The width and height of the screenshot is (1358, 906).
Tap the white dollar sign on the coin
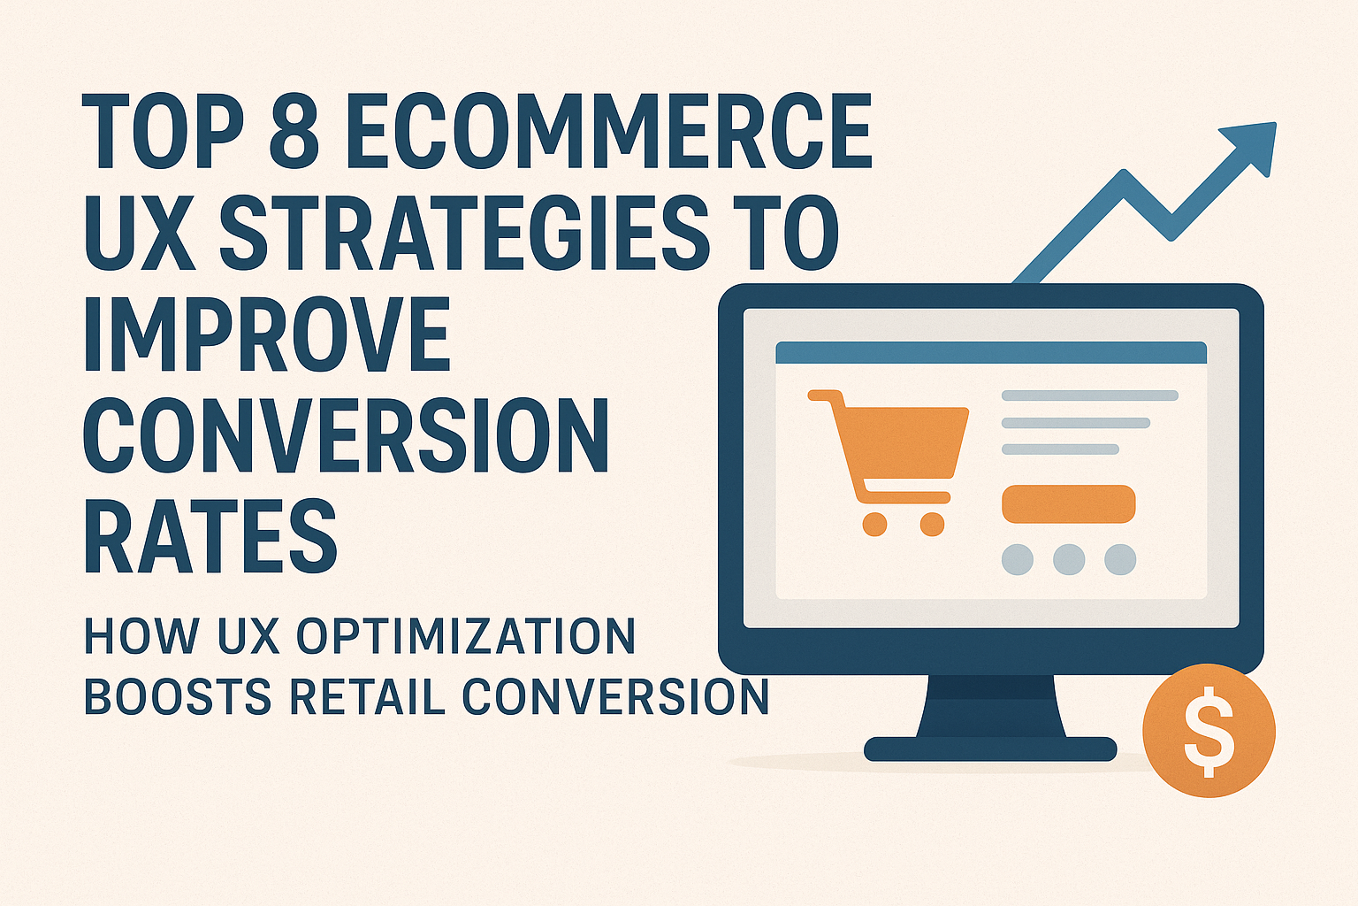[1209, 731]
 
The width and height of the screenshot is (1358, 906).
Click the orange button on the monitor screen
[1068, 504]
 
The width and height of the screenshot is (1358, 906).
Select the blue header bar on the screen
[991, 352]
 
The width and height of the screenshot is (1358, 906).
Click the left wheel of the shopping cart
[874, 524]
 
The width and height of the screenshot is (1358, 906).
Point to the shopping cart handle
[820, 396]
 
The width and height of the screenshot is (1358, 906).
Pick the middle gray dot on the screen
[1069, 559]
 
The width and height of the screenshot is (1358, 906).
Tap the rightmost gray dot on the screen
[1120, 559]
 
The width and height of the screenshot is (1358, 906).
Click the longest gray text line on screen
[1089, 395]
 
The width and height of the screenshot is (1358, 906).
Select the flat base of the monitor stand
[990, 749]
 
